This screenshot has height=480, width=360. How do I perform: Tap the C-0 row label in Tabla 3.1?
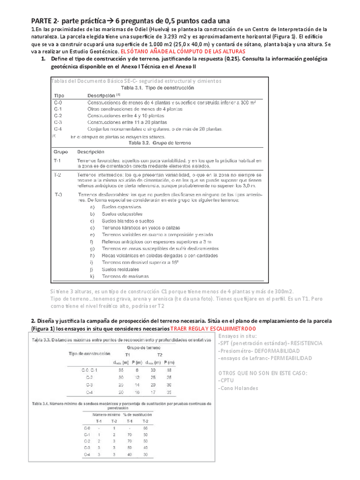[58, 102]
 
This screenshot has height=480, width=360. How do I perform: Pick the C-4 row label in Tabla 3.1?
[58, 129]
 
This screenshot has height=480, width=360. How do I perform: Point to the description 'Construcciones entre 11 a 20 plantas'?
[125, 122]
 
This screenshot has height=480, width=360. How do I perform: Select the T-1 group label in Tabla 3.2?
[58, 161]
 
